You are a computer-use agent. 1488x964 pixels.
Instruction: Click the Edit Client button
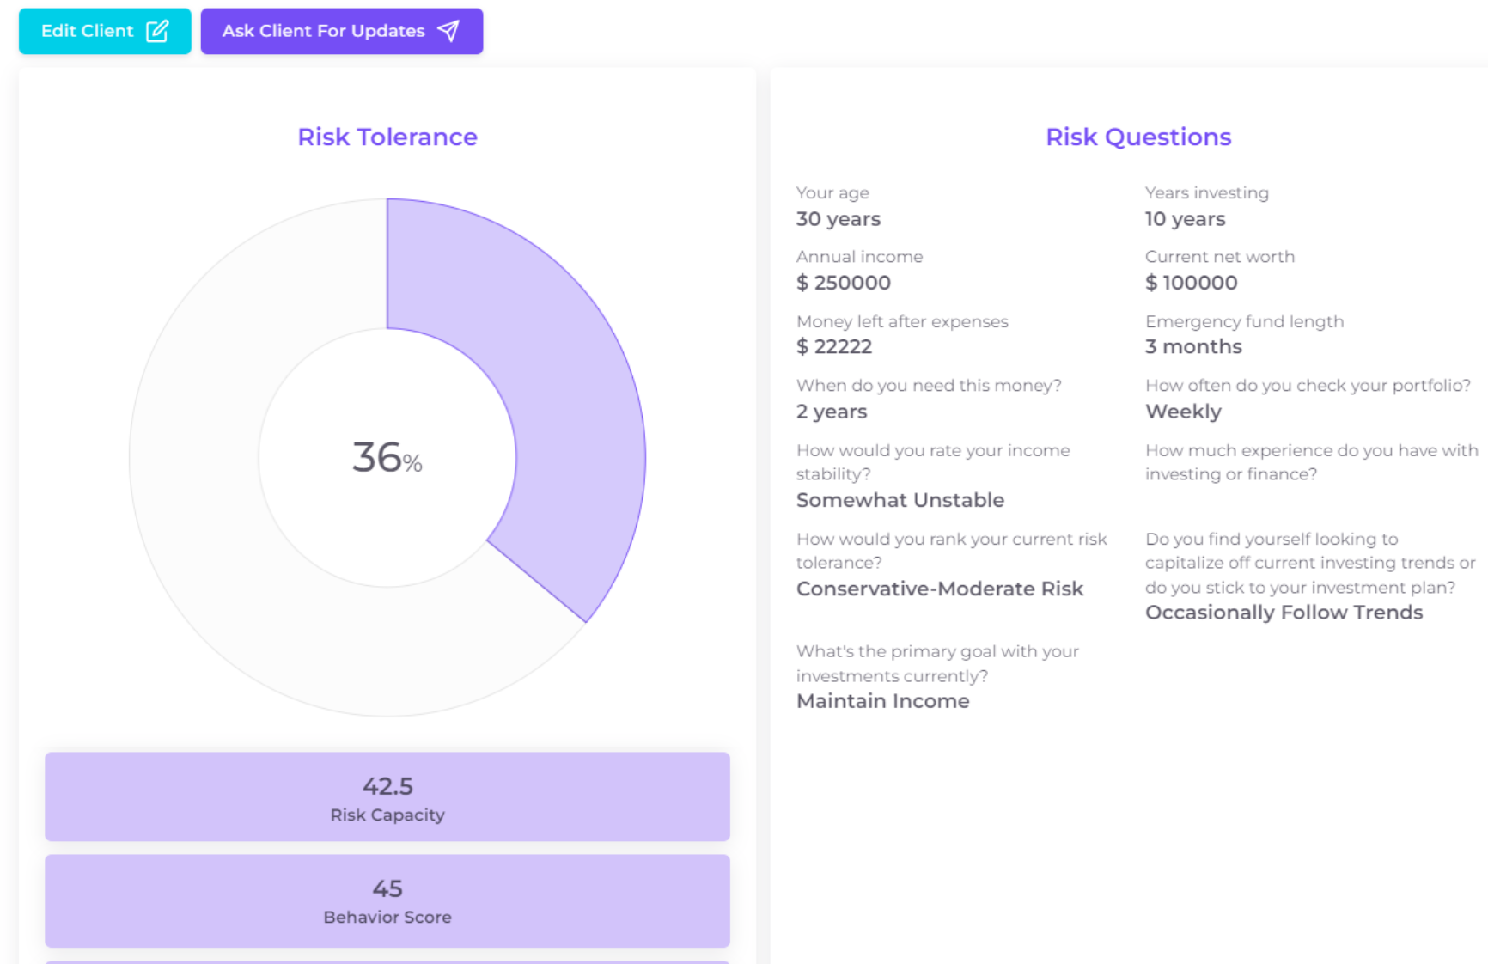pyautogui.click(x=104, y=32)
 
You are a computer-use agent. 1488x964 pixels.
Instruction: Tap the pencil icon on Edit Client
pyautogui.click(x=157, y=31)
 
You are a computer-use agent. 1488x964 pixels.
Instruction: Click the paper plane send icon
pyautogui.click(x=448, y=31)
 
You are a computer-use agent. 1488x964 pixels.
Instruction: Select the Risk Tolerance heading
pyautogui.click(x=387, y=137)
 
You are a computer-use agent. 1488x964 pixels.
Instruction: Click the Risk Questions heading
pyautogui.click(x=1137, y=137)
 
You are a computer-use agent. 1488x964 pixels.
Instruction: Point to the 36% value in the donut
pyautogui.click(x=387, y=458)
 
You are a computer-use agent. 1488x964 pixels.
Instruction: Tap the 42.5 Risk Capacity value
pyautogui.click(x=387, y=786)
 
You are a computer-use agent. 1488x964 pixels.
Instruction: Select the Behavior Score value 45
pyautogui.click(x=387, y=888)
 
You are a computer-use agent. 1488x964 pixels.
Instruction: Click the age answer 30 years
pyautogui.click(x=838, y=219)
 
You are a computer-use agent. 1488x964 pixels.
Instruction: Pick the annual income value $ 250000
pyautogui.click(x=843, y=283)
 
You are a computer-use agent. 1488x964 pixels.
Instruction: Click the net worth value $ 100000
pyautogui.click(x=1191, y=283)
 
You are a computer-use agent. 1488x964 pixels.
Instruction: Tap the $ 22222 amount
pyautogui.click(x=833, y=346)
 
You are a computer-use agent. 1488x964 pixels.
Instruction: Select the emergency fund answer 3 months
pyautogui.click(x=1192, y=346)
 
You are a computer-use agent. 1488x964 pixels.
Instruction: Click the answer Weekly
pyautogui.click(x=1182, y=412)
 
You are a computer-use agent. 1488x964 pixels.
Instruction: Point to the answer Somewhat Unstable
pyautogui.click(x=900, y=500)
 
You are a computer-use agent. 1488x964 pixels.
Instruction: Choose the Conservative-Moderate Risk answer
pyautogui.click(x=939, y=589)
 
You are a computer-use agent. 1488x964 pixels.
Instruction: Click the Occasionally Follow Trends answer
pyautogui.click(x=1284, y=613)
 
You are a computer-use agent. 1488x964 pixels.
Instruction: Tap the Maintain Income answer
pyautogui.click(x=882, y=701)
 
